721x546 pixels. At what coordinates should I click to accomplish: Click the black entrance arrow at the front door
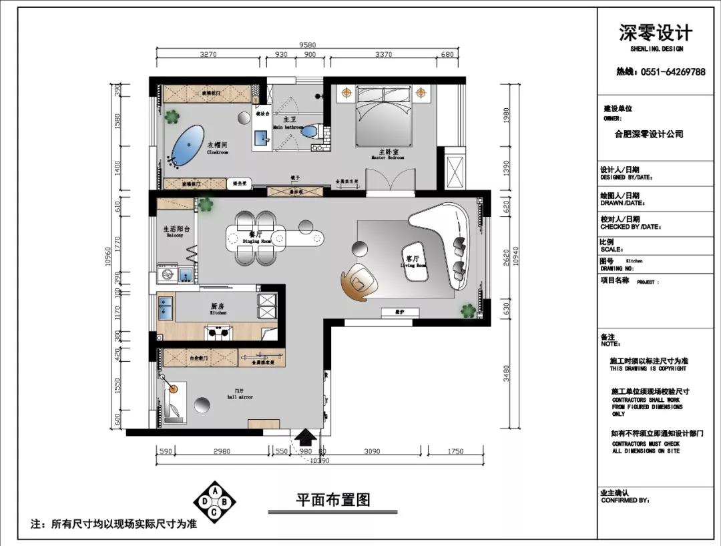(306, 438)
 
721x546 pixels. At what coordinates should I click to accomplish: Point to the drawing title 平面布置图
(332, 499)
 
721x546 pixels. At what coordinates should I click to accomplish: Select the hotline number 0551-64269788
(660, 72)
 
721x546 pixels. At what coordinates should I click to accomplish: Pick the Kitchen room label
(218, 309)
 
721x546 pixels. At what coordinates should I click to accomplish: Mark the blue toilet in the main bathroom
(309, 131)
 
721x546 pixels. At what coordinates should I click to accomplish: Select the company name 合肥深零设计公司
(648, 134)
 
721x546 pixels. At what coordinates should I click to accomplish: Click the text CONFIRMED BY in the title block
(625, 499)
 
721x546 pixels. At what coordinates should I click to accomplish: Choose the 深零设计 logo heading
(656, 33)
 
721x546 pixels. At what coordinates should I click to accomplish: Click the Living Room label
(413, 261)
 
